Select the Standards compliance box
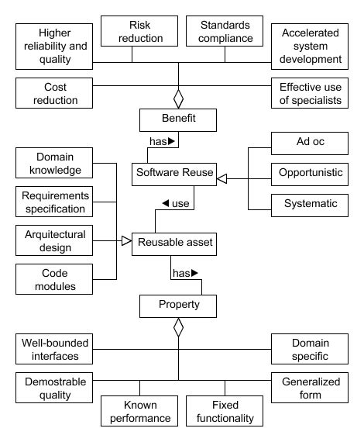pos(225,31)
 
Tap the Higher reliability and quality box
pos(54,47)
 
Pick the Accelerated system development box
pos(311,47)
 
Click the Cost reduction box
pos(54,93)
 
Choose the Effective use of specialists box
pos(311,93)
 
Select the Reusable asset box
pos(174,243)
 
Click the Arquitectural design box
pos(54,241)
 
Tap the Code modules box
pos(54,280)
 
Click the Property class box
pos(178,305)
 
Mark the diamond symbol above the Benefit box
pos(179,98)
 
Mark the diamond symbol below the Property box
pos(179,328)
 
